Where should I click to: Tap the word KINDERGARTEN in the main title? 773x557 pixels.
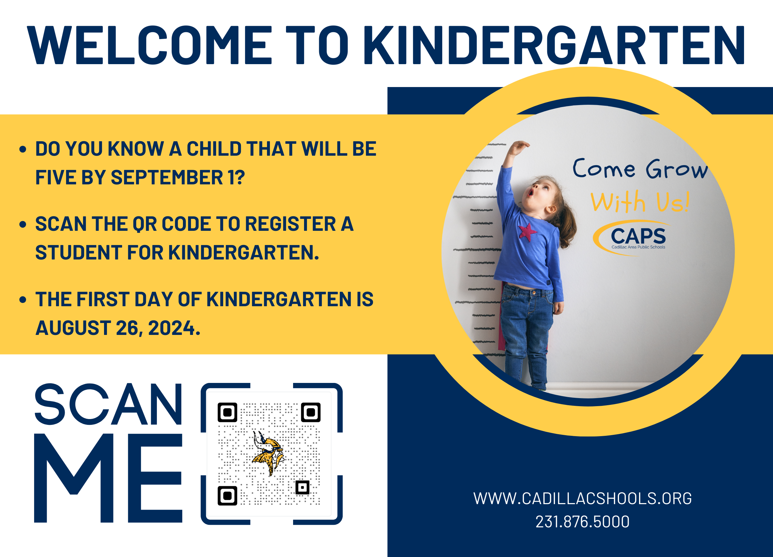click(x=554, y=45)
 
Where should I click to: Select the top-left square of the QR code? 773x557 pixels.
click(x=227, y=412)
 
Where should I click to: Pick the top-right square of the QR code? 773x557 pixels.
click(x=310, y=412)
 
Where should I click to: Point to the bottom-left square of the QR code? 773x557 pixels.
click(x=227, y=496)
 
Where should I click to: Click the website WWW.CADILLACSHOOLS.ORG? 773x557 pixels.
click(x=582, y=499)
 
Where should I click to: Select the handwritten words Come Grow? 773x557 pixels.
click(x=640, y=169)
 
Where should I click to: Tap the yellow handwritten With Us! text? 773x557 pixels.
click(x=640, y=202)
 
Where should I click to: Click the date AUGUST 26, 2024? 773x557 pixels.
click(x=118, y=328)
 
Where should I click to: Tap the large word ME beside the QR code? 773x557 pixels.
click(x=109, y=478)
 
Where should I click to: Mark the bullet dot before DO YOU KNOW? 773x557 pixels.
click(x=23, y=149)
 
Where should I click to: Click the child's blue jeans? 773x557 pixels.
click(x=527, y=327)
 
